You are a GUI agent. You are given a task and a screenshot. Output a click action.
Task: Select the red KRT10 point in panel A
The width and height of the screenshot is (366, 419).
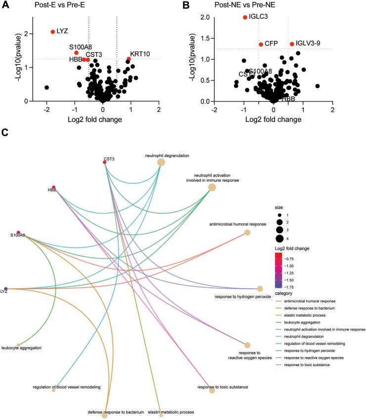coord(129,59)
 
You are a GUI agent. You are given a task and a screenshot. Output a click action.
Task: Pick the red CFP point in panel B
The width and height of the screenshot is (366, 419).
coord(261,44)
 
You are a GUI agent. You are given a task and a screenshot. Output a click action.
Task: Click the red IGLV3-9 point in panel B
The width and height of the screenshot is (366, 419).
coord(292,44)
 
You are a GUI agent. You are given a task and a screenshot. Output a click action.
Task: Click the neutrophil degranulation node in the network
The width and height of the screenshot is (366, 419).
coord(161,162)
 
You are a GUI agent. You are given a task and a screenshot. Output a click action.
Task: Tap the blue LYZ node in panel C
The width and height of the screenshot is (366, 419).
coord(6,289)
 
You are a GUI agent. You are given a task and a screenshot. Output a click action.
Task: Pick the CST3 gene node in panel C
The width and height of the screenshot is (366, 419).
coord(105,162)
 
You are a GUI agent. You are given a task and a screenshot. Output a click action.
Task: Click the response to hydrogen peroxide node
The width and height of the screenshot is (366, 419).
coord(260,289)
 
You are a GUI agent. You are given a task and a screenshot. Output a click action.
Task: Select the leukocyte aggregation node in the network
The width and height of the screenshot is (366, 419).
coord(18,345)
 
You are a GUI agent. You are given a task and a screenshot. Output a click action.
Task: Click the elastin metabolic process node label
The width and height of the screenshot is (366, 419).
coord(161,411)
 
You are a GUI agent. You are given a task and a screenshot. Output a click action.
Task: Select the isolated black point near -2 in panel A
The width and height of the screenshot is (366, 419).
coord(46,87)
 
